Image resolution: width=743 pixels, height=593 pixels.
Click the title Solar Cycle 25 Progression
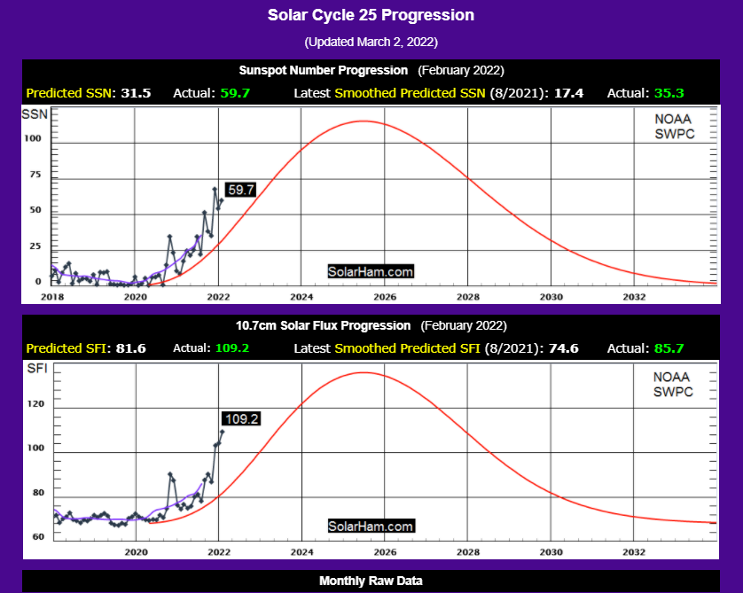tap(371, 15)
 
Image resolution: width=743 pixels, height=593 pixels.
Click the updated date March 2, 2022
tap(371, 42)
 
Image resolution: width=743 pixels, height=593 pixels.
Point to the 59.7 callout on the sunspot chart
tap(241, 190)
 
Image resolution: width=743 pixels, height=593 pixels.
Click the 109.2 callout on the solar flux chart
tap(240, 418)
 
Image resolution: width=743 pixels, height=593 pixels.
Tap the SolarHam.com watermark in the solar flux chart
tap(371, 526)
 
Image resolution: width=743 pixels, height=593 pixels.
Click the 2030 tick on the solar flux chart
tap(551, 550)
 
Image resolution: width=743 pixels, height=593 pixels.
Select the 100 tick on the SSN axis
tap(34, 138)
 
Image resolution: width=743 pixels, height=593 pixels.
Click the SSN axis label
tap(36, 114)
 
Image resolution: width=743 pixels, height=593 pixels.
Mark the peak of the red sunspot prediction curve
tap(362, 121)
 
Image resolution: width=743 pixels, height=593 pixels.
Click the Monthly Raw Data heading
tap(371, 581)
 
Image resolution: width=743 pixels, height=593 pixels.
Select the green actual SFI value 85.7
tap(668, 348)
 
